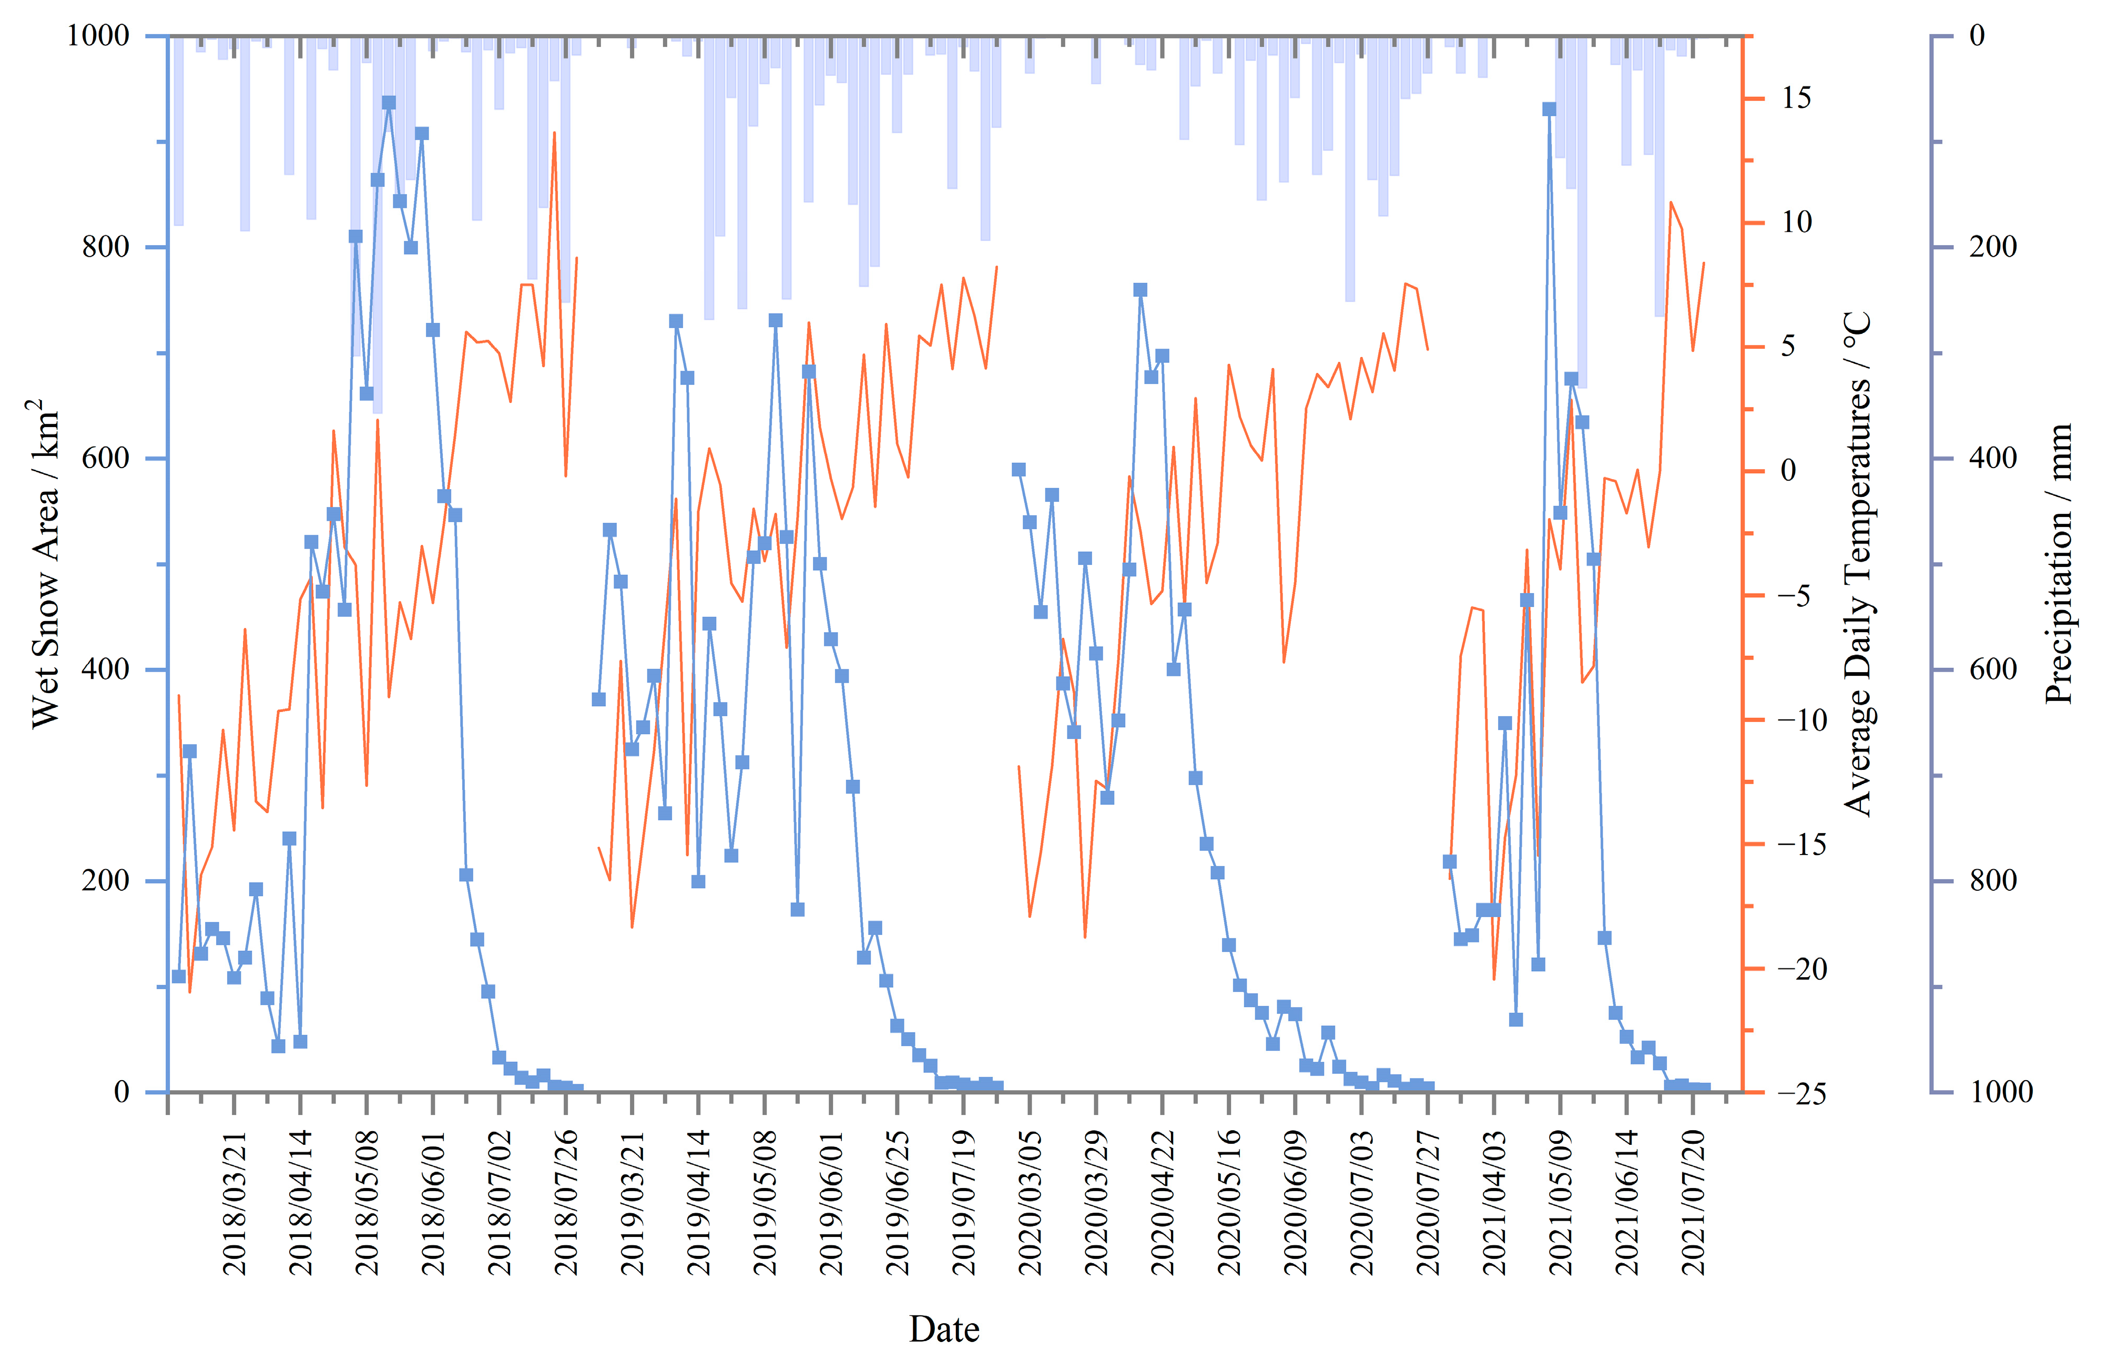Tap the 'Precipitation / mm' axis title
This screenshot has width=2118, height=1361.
[x=2059, y=564]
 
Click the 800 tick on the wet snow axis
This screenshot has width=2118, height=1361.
[x=106, y=247]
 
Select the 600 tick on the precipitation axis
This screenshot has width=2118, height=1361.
[x=1992, y=669]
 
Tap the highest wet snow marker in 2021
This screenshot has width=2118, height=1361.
[x=1549, y=109]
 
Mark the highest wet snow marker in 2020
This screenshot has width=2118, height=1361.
[x=1140, y=290]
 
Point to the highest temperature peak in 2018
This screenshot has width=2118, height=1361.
[x=554, y=133]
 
